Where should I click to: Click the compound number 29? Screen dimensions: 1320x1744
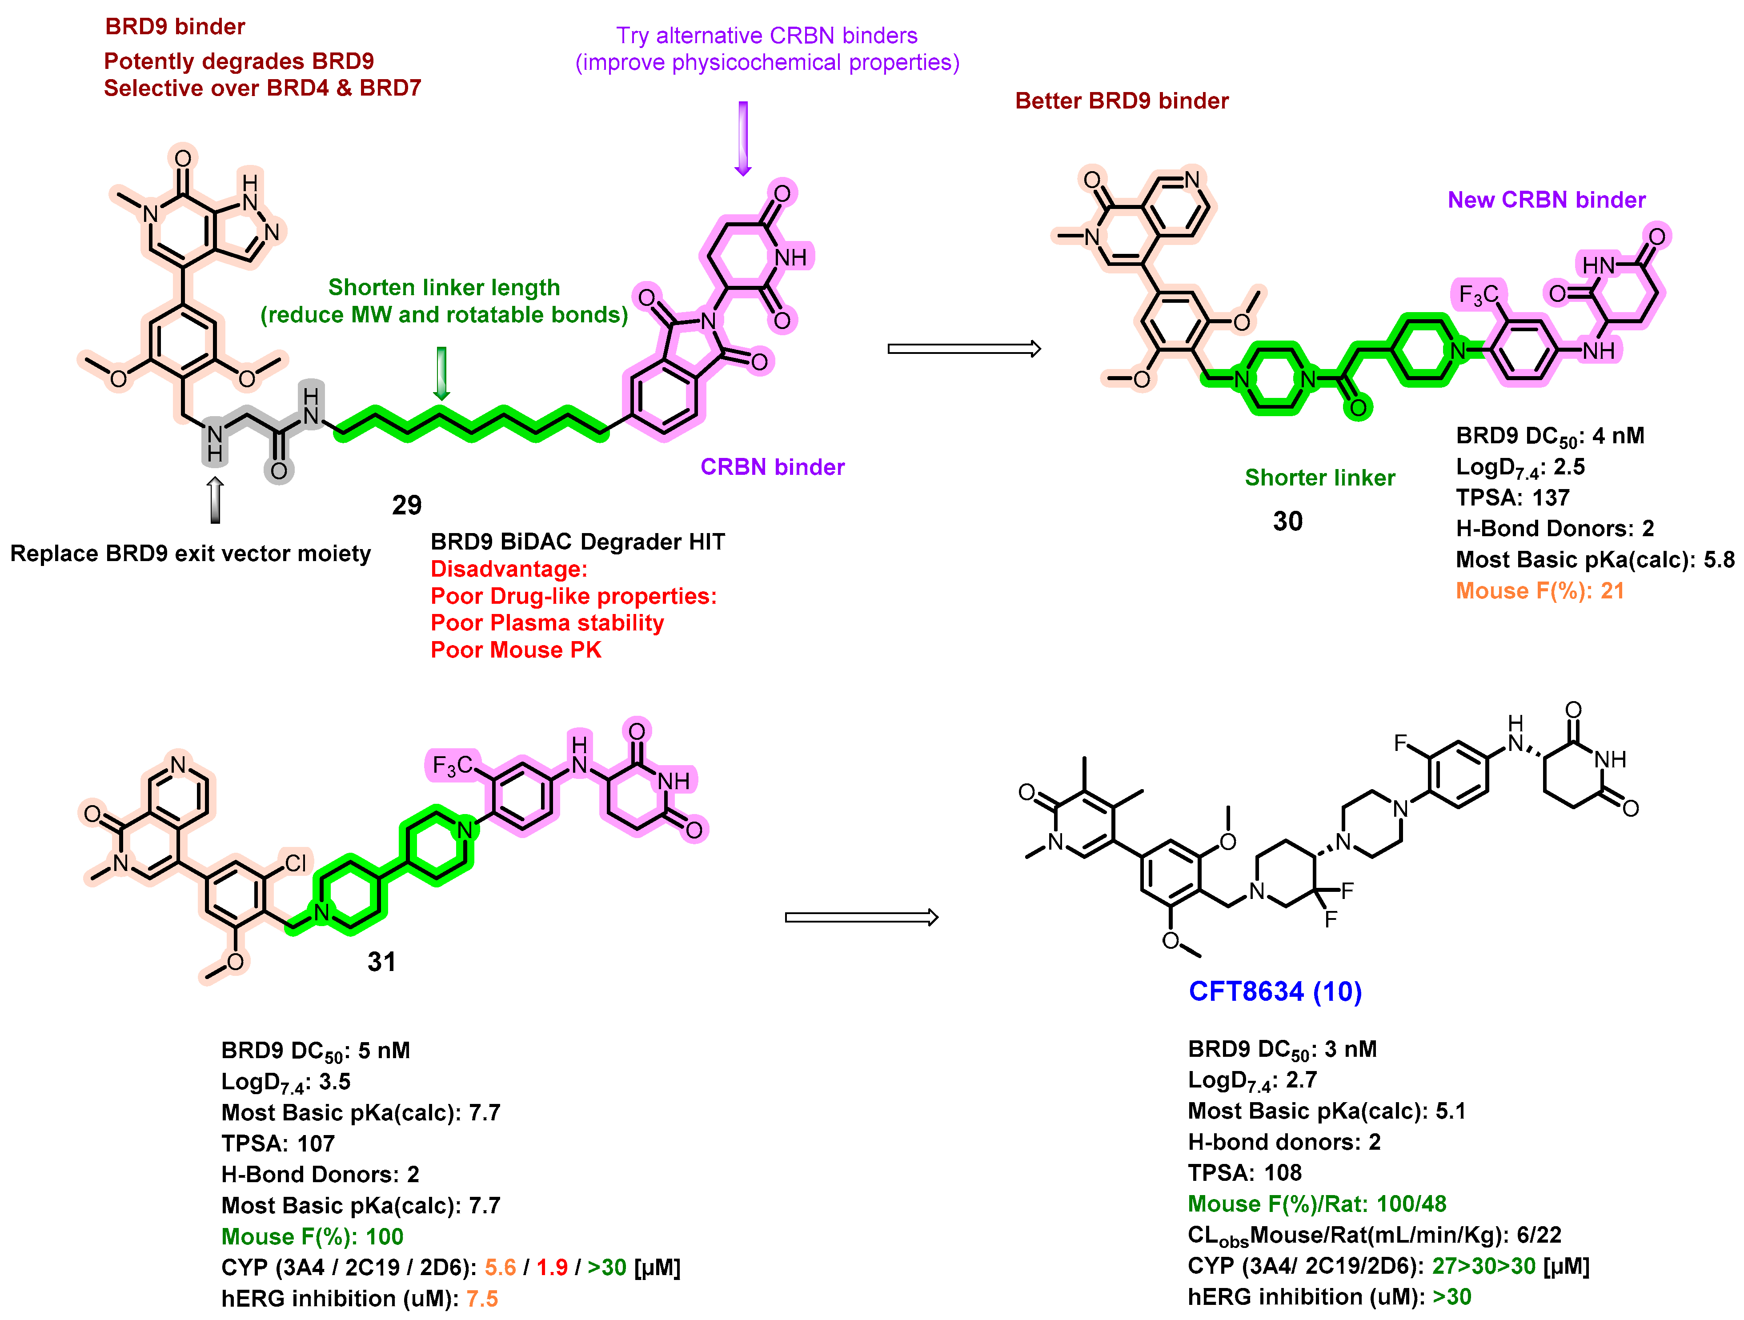click(407, 505)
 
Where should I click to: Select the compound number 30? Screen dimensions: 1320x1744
click(1287, 521)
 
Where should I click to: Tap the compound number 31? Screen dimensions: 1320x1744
click(381, 961)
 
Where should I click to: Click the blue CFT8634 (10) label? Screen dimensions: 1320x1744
click(1275, 991)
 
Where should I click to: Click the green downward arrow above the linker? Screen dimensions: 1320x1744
click(441, 373)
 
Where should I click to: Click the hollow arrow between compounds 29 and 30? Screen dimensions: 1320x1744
click(963, 349)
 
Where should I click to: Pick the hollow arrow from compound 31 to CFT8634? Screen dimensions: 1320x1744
click(861, 917)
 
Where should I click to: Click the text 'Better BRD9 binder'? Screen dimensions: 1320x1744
click(1121, 101)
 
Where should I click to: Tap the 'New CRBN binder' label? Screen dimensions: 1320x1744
click(1546, 200)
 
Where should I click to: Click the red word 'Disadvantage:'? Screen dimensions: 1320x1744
click(509, 569)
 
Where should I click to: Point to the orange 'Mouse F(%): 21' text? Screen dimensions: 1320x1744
click(1539, 590)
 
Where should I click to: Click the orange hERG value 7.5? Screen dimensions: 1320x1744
click(482, 1298)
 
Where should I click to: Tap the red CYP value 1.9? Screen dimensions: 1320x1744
click(552, 1267)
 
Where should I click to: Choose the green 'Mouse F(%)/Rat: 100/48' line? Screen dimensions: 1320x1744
click(1317, 1204)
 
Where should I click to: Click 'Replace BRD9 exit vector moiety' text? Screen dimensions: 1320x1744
click(190, 554)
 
